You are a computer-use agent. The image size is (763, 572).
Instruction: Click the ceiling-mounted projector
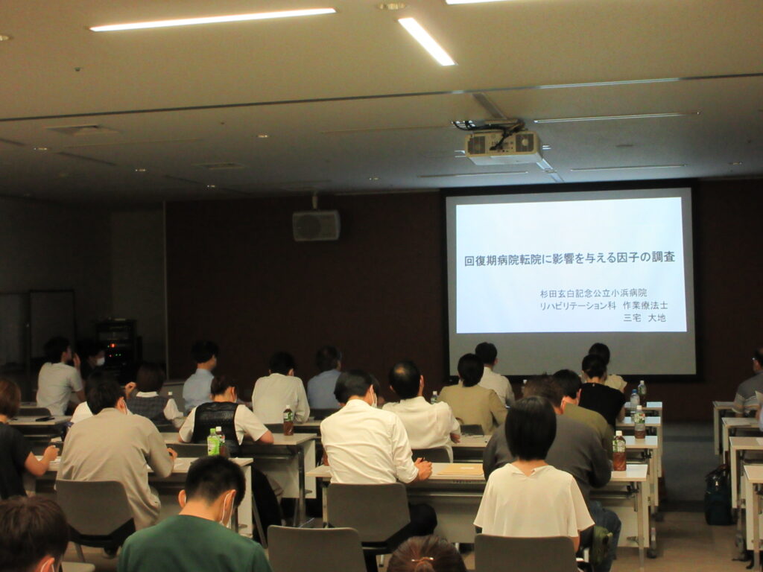503,147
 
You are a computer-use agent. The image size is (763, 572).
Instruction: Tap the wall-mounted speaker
316,225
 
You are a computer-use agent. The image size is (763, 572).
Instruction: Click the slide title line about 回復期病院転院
569,258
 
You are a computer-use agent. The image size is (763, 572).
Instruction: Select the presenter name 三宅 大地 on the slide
644,317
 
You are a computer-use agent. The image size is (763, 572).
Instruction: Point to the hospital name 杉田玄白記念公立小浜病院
593,293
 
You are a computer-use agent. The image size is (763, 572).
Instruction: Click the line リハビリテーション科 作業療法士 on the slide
604,305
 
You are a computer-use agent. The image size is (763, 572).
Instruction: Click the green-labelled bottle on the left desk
213,442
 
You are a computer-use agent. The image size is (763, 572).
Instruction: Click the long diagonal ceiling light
427,42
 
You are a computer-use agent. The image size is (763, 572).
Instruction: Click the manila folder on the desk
460,469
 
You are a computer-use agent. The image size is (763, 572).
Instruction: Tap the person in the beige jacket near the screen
472,396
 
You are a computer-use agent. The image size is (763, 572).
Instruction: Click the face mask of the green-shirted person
226,509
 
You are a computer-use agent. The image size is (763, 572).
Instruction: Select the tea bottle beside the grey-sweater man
619,451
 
